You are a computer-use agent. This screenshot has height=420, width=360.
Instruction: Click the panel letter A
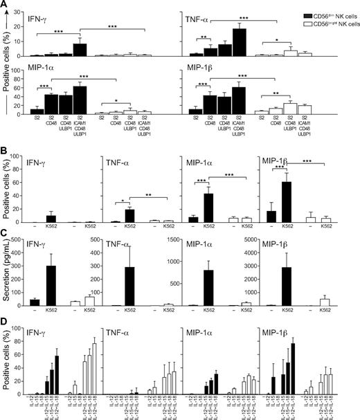pyautogui.click(x=5, y=6)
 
